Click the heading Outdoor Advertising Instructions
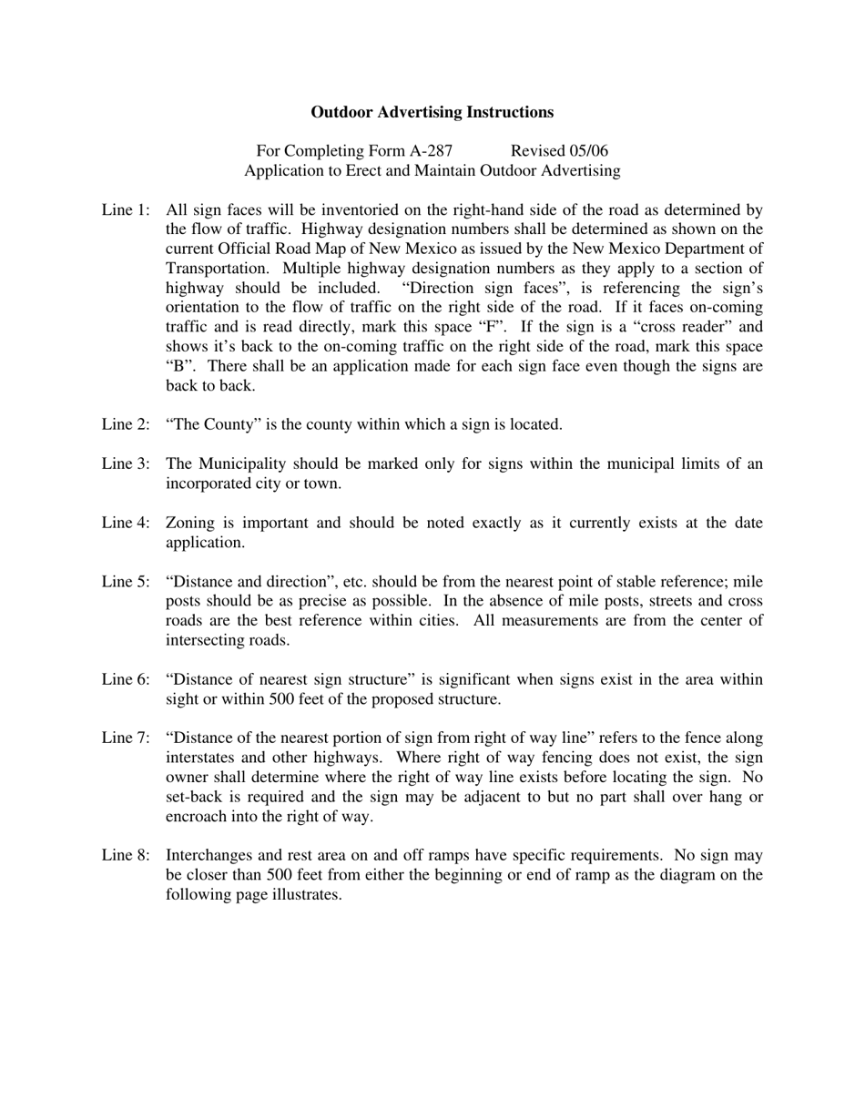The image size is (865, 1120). click(x=432, y=112)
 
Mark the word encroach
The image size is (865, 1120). click(x=196, y=817)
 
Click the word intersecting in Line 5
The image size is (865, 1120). click(x=204, y=640)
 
